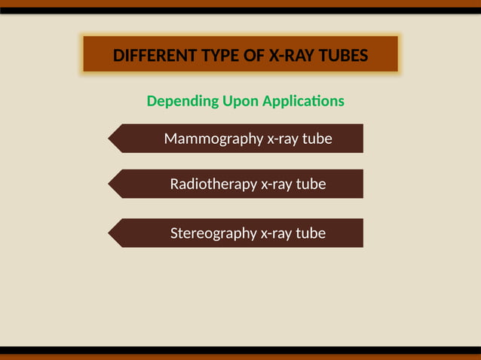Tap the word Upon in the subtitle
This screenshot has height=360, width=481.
(x=240, y=101)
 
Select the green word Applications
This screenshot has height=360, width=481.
(x=304, y=101)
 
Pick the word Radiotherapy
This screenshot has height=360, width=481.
(x=213, y=185)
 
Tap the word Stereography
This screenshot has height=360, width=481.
(x=213, y=233)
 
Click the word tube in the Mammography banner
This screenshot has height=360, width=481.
(x=317, y=139)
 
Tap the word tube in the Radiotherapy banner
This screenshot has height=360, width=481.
(x=311, y=185)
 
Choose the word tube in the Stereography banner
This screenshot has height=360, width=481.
(x=311, y=233)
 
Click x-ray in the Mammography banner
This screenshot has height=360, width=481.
(x=283, y=139)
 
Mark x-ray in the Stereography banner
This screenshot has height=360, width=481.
(x=276, y=233)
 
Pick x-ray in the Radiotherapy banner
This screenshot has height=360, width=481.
(x=276, y=185)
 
